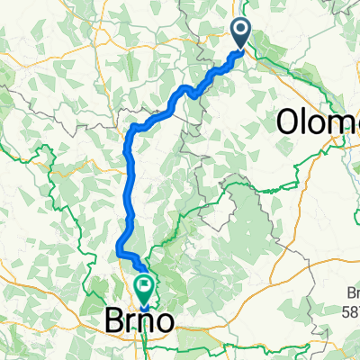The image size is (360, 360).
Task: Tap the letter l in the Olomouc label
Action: (x=307, y=120)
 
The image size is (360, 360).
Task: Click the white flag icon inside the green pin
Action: (x=144, y=286)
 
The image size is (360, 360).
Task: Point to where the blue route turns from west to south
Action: (x=132, y=130)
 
